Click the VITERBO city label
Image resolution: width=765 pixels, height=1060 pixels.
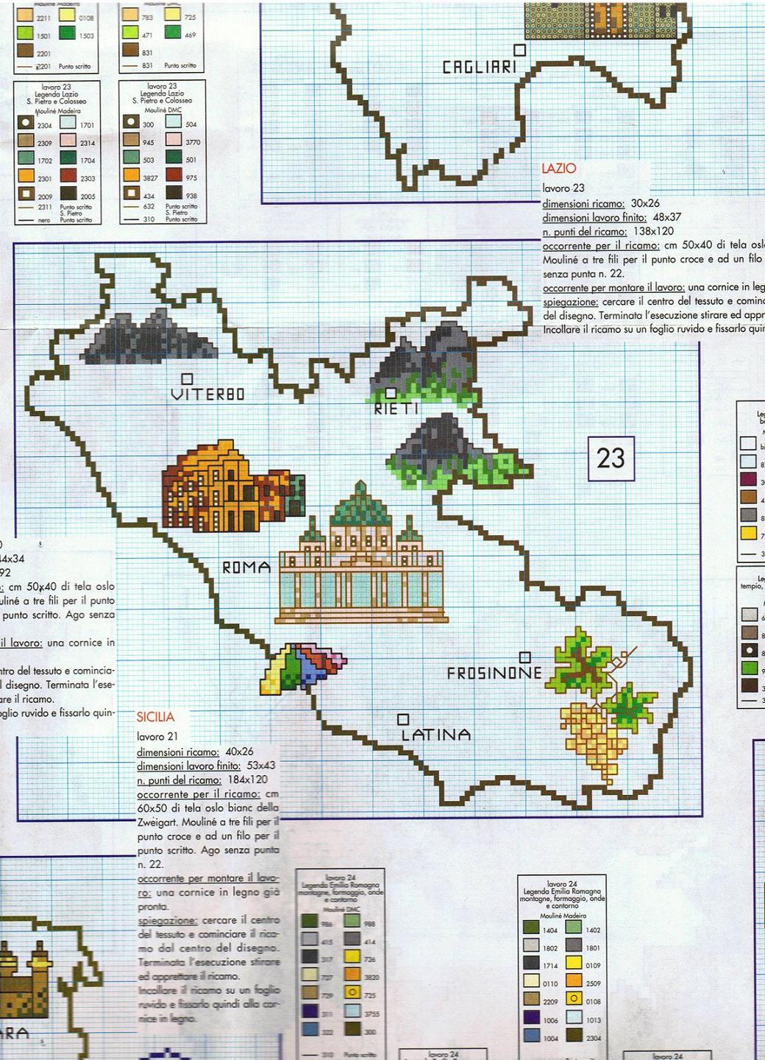coord(207,395)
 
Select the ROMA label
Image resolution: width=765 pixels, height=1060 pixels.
coord(246,568)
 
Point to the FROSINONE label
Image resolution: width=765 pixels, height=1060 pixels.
coord(494,673)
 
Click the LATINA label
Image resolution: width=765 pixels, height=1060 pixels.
coord(436,735)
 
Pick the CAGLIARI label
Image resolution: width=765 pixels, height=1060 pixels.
coord(480,67)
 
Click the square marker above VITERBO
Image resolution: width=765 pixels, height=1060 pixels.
coord(187,378)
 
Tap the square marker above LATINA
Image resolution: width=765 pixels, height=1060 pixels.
coord(402,718)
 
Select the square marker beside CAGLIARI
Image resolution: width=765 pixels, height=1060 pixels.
coord(519,49)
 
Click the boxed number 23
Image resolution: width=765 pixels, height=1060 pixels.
coord(611,458)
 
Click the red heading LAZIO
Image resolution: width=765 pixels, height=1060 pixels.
coord(559,169)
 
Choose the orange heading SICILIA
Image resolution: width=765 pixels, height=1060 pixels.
coord(155,717)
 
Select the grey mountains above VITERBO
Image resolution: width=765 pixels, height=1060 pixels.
coord(151,340)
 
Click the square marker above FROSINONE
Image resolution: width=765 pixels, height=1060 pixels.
coord(524,657)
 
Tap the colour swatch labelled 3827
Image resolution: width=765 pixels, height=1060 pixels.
coord(131,175)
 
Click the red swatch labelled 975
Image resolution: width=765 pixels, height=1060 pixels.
coord(174,174)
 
